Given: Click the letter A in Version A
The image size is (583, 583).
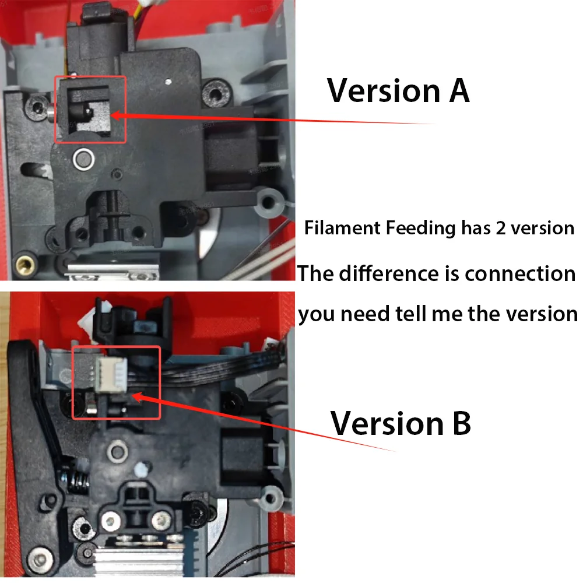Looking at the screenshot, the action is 459,90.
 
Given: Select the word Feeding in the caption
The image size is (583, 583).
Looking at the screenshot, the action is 420,229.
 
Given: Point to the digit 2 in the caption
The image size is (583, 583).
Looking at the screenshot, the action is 501,228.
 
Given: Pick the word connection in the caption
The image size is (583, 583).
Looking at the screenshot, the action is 520,273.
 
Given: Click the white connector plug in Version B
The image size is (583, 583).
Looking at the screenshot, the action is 111,375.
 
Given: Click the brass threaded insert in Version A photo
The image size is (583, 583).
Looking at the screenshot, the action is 26,264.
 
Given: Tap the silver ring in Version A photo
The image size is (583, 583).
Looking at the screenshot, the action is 83,159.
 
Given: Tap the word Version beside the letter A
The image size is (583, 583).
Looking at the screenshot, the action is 384,90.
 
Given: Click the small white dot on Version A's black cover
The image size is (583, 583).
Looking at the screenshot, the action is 168,82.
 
